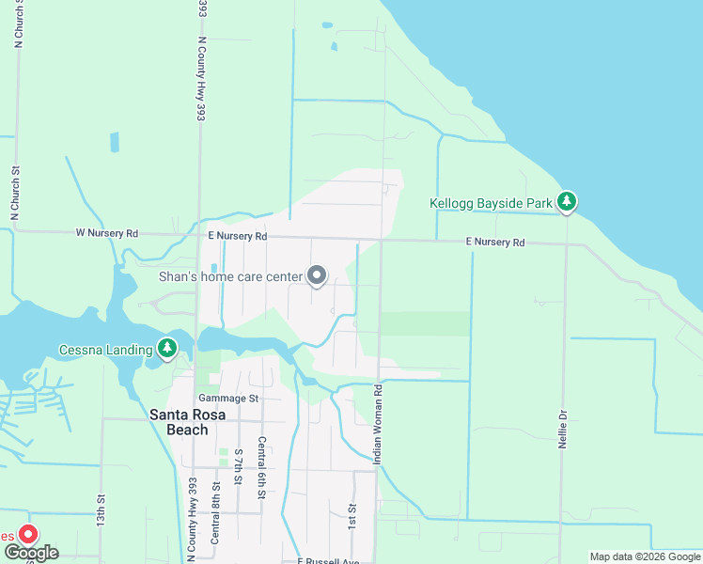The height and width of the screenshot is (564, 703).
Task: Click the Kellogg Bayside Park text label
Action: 490,203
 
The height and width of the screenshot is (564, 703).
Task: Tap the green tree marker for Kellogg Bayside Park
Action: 566,201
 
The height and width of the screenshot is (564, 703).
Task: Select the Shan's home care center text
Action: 230,276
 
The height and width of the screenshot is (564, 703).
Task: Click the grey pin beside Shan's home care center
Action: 318,275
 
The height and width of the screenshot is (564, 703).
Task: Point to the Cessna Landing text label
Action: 106,351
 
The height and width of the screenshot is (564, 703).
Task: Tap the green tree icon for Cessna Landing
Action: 167,350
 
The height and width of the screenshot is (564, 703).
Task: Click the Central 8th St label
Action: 215,512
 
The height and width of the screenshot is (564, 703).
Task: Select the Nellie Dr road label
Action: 562,429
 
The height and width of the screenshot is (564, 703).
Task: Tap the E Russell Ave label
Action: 328,561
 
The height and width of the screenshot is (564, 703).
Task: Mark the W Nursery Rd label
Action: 106,232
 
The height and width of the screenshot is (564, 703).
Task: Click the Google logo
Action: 31,553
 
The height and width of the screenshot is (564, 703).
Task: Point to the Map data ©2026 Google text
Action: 645,556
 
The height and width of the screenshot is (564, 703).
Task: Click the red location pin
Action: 28,535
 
